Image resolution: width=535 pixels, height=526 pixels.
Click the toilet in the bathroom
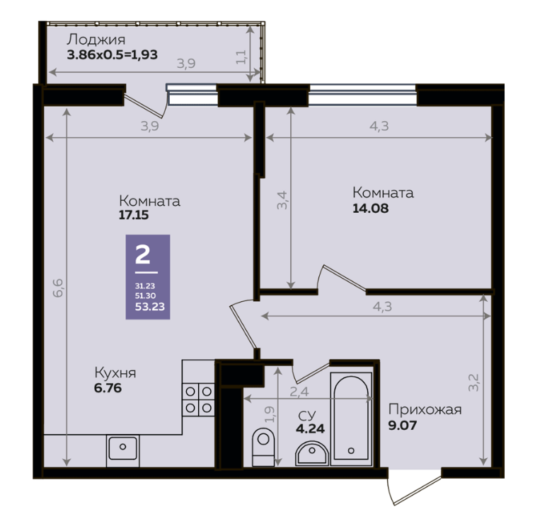tap(263, 447)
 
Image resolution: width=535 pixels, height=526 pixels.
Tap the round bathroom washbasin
tap(312, 453)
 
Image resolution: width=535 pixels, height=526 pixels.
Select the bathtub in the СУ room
tap(351, 419)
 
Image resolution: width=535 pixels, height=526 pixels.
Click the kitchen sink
tap(123, 449)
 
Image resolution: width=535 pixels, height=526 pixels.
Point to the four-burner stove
tap(198, 399)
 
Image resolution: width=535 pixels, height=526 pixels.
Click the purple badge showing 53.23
tap(148, 277)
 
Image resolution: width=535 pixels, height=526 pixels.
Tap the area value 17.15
tap(134, 215)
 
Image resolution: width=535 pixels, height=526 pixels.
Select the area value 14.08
tap(370, 208)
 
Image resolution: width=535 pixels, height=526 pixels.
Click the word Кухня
tap(115, 373)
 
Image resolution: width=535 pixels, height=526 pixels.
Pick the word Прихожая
tap(425, 409)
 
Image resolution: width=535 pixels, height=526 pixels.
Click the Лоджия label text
tap(96, 40)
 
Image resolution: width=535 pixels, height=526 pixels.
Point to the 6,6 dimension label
tap(58, 288)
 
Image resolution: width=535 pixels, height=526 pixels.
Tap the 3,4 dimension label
tap(282, 201)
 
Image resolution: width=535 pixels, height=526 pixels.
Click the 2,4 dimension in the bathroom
tap(299, 392)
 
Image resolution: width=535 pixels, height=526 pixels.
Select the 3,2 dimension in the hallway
tap(473, 382)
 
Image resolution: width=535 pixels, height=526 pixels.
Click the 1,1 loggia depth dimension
tap(241, 57)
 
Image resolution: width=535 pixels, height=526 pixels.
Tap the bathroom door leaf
tap(312, 373)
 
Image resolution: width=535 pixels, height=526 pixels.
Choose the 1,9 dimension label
tap(270, 414)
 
